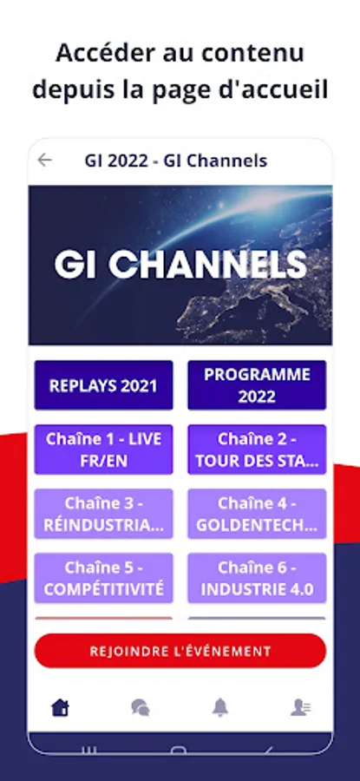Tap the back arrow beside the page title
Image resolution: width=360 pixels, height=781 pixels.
tap(45, 160)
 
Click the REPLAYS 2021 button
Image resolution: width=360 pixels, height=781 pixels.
tap(103, 385)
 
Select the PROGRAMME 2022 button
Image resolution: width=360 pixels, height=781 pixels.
tap(257, 385)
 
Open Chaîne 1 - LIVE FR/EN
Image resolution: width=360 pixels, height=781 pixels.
tap(103, 450)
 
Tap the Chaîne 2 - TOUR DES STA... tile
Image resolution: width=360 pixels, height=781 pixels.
tap(257, 450)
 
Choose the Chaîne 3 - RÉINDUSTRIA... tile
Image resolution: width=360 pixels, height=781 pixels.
tap(103, 514)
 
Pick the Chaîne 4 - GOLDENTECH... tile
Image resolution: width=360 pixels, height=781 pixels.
tap(257, 514)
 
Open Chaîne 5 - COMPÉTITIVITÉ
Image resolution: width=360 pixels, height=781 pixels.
tap(103, 578)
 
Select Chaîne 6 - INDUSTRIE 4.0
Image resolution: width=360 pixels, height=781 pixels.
tap(257, 578)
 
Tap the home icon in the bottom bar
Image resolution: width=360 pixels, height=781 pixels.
tap(60, 707)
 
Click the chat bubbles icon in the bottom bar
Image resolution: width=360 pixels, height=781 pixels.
tap(140, 707)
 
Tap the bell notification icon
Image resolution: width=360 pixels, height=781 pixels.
tap(220, 707)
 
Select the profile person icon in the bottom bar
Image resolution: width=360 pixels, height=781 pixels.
tap(301, 707)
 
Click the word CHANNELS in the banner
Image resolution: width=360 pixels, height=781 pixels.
tap(207, 264)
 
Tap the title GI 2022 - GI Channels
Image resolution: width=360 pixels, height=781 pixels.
tap(176, 161)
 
